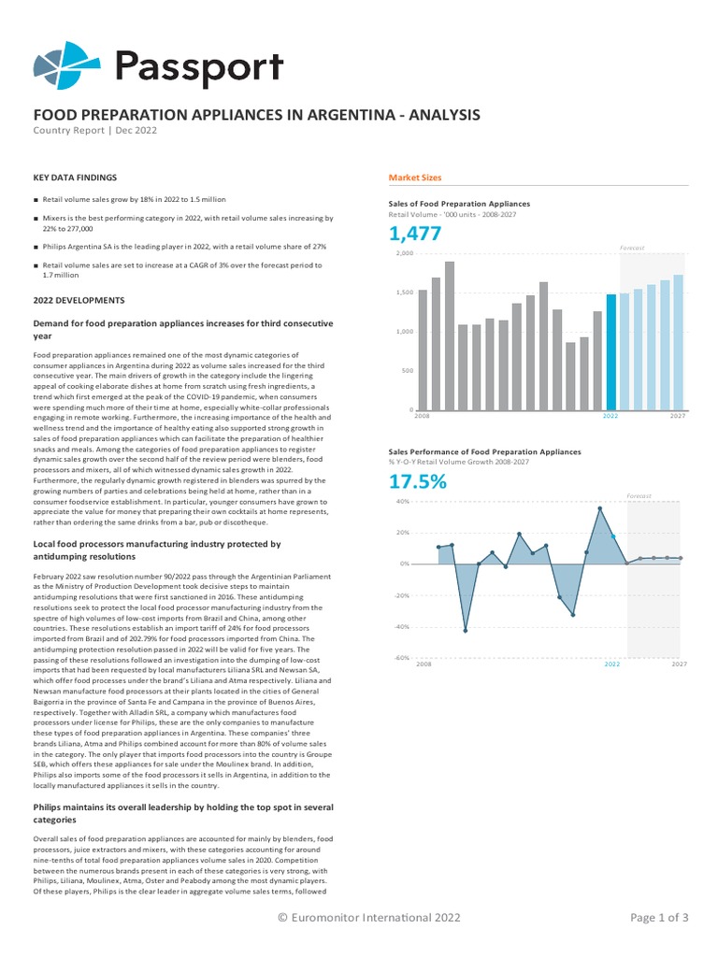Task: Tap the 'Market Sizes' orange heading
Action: (x=415, y=178)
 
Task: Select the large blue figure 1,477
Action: (x=415, y=234)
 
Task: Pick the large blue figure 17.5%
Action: (x=417, y=482)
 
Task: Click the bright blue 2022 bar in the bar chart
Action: (x=610, y=352)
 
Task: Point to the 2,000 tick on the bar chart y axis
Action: (x=404, y=253)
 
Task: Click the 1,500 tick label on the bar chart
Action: (x=404, y=293)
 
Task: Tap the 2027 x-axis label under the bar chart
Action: (x=679, y=415)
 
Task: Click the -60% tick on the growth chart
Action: (x=402, y=659)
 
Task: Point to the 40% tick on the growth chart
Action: (x=404, y=502)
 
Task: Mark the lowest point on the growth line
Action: (x=466, y=631)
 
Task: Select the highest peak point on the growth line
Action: (x=600, y=508)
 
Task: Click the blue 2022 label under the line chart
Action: (x=611, y=664)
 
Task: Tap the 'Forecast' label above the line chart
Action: (x=639, y=495)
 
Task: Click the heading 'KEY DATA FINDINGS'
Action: (x=75, y=177)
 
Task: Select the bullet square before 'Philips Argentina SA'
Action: (x=36, y=247)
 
